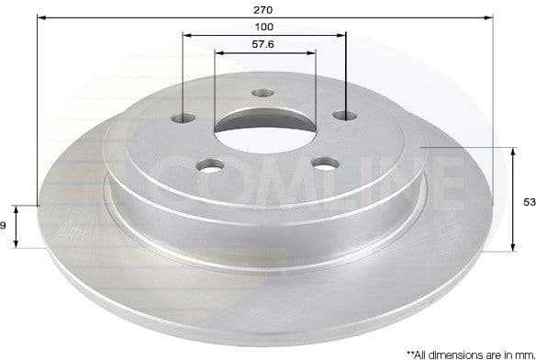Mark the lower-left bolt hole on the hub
click(210, 166)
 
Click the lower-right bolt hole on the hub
click(324, 164)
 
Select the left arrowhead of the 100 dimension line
click(187, 35)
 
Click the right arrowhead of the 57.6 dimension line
click(313, 52)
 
